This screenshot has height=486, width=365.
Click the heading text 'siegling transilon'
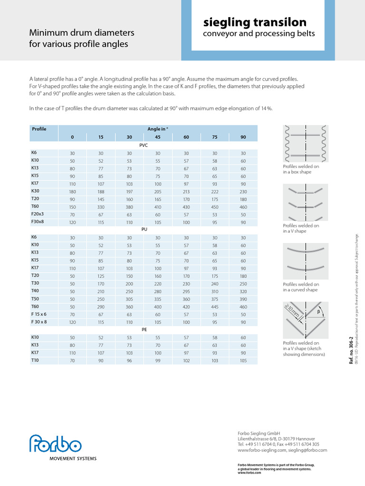tap(255, 22)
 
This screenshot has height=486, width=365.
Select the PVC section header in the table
tap(144, 146)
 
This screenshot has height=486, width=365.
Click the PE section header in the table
tap(144, 328)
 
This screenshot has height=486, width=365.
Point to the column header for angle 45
tap(158, 137)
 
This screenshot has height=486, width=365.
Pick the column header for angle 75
tap(215, 137)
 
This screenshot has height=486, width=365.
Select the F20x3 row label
tap(37, 214)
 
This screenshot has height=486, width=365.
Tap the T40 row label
tap(35, 290)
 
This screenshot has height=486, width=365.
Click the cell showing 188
tap(101, 191)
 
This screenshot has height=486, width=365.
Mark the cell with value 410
tap(158, 207)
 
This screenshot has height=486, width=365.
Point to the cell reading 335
tap(158, 299)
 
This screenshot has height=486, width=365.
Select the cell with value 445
tap(215, 307)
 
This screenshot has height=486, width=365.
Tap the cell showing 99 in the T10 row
tap(158, 360)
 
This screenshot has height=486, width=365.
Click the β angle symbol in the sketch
tap(319, 312)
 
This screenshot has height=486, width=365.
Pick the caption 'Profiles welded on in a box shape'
tap(297, 169)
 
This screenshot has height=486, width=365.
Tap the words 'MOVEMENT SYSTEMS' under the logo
tap(73, 458)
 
